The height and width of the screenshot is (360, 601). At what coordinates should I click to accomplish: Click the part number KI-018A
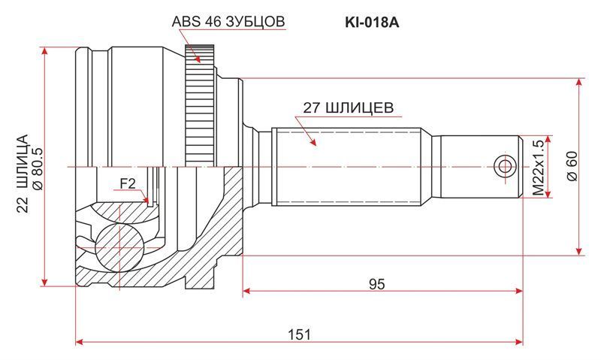click(x=372, y=23)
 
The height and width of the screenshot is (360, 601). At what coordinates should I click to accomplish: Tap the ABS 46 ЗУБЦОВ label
click(x=228, y=22)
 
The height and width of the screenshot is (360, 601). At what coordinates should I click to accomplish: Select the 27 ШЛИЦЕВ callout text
click(x=349, y=107)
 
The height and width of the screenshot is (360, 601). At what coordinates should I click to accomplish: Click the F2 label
click(x=128, y=184)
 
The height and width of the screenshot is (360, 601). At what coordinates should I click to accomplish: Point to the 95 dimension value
click(x=377, y=284)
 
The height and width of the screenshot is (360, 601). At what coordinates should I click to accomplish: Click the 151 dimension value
click(x=299, y=334)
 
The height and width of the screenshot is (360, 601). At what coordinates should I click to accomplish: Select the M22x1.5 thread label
click(x=538, y=168)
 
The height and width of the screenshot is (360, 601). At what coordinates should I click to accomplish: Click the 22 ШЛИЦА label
click(x=23, y=174)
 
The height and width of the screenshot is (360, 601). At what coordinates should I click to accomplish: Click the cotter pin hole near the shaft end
click(x=505, y=167)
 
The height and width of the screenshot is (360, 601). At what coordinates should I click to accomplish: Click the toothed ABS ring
click(x=200, y=107)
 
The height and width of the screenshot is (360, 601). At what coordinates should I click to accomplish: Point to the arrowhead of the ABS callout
click(x=198, y=59)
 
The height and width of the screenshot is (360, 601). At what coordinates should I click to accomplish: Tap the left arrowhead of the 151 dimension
click(x=80, y=342)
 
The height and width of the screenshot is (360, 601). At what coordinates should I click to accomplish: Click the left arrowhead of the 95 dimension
click(x=247, y=291)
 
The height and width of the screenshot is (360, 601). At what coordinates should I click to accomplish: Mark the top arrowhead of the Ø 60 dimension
click(x=578, y=82)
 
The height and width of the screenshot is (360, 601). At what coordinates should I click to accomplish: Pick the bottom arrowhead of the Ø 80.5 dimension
click(x=46, y=282)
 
